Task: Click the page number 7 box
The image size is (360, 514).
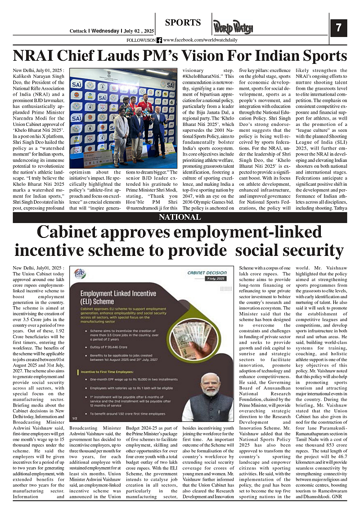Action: coord(338,28)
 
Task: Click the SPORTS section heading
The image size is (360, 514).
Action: coord(183,22)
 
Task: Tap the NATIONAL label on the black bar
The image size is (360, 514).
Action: coord(180,217)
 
